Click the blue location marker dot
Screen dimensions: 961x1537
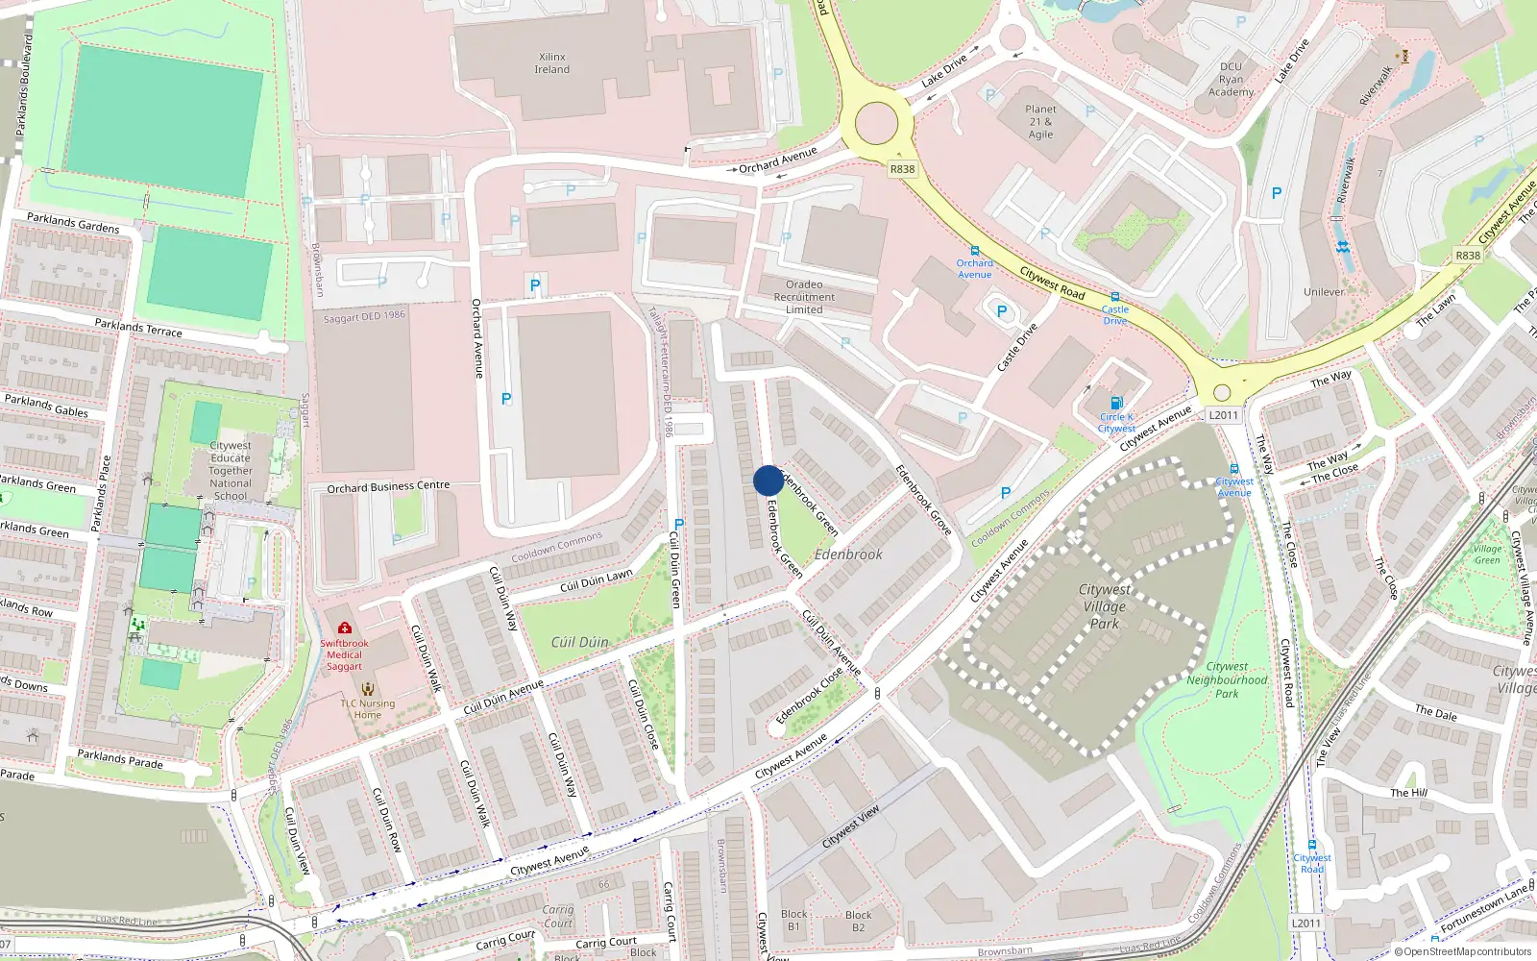pos(768,480)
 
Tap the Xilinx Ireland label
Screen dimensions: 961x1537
pos(552,63)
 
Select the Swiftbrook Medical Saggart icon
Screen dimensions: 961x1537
pos(345,628)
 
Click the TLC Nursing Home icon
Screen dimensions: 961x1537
pos(367,689)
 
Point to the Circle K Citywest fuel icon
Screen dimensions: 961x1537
pos(1116,403)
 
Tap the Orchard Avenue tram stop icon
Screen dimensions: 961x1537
pos(975,251)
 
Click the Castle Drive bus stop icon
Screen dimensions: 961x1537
pos(1115,298)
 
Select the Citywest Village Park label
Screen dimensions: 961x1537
pos(1105,606)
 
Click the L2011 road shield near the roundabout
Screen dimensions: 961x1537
pos(1224,415)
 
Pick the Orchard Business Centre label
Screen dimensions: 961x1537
pos(388,487)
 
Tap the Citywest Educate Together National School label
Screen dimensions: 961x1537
pos(231,471)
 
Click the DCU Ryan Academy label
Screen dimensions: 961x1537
pos(1231,80)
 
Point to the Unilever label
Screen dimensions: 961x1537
pos(1324,292)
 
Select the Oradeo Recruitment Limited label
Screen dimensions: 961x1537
pos(804,297)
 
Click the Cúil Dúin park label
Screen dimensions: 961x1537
pos(579,642)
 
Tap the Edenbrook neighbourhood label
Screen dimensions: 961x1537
pos(848,554)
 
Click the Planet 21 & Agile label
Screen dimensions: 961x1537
pos(1040,122)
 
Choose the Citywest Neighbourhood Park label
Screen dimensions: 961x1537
pos(1227,679)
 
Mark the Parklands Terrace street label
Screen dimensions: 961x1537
pos(138,328)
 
